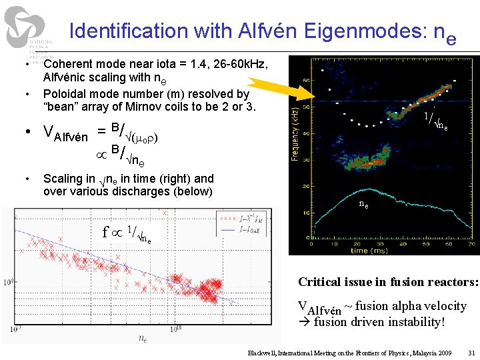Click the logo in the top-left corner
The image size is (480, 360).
[x=28, y=30]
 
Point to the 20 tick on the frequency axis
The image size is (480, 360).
[x=305, y=186]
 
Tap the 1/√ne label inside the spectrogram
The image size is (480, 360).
[x=436, y=121]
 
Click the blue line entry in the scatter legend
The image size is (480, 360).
[x=247, y=229]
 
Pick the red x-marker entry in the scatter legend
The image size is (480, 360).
[x=247, y=217]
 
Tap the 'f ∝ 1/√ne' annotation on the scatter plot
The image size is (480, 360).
[x=127, y=233]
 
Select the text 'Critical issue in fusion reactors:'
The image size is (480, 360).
[x=388, y=282]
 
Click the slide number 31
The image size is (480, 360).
[x=471, y=352]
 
